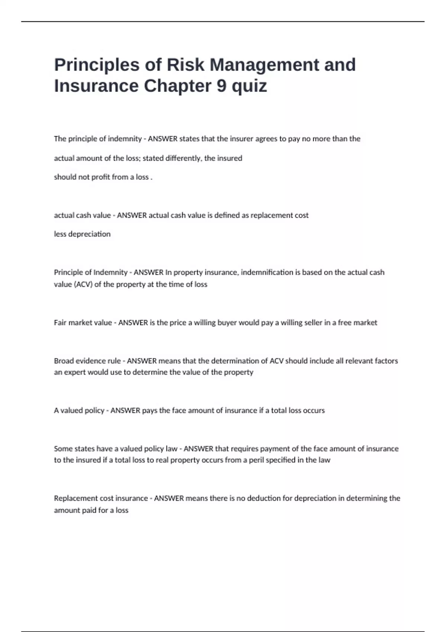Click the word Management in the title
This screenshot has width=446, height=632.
[x=264, y=65]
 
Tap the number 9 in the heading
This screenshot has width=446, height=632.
[x=221, y=86]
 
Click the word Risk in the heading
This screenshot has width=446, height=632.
[x=185, y=65]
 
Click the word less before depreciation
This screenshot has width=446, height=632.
[x=60, y=234]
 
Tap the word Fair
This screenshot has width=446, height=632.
[x=60, y=323]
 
